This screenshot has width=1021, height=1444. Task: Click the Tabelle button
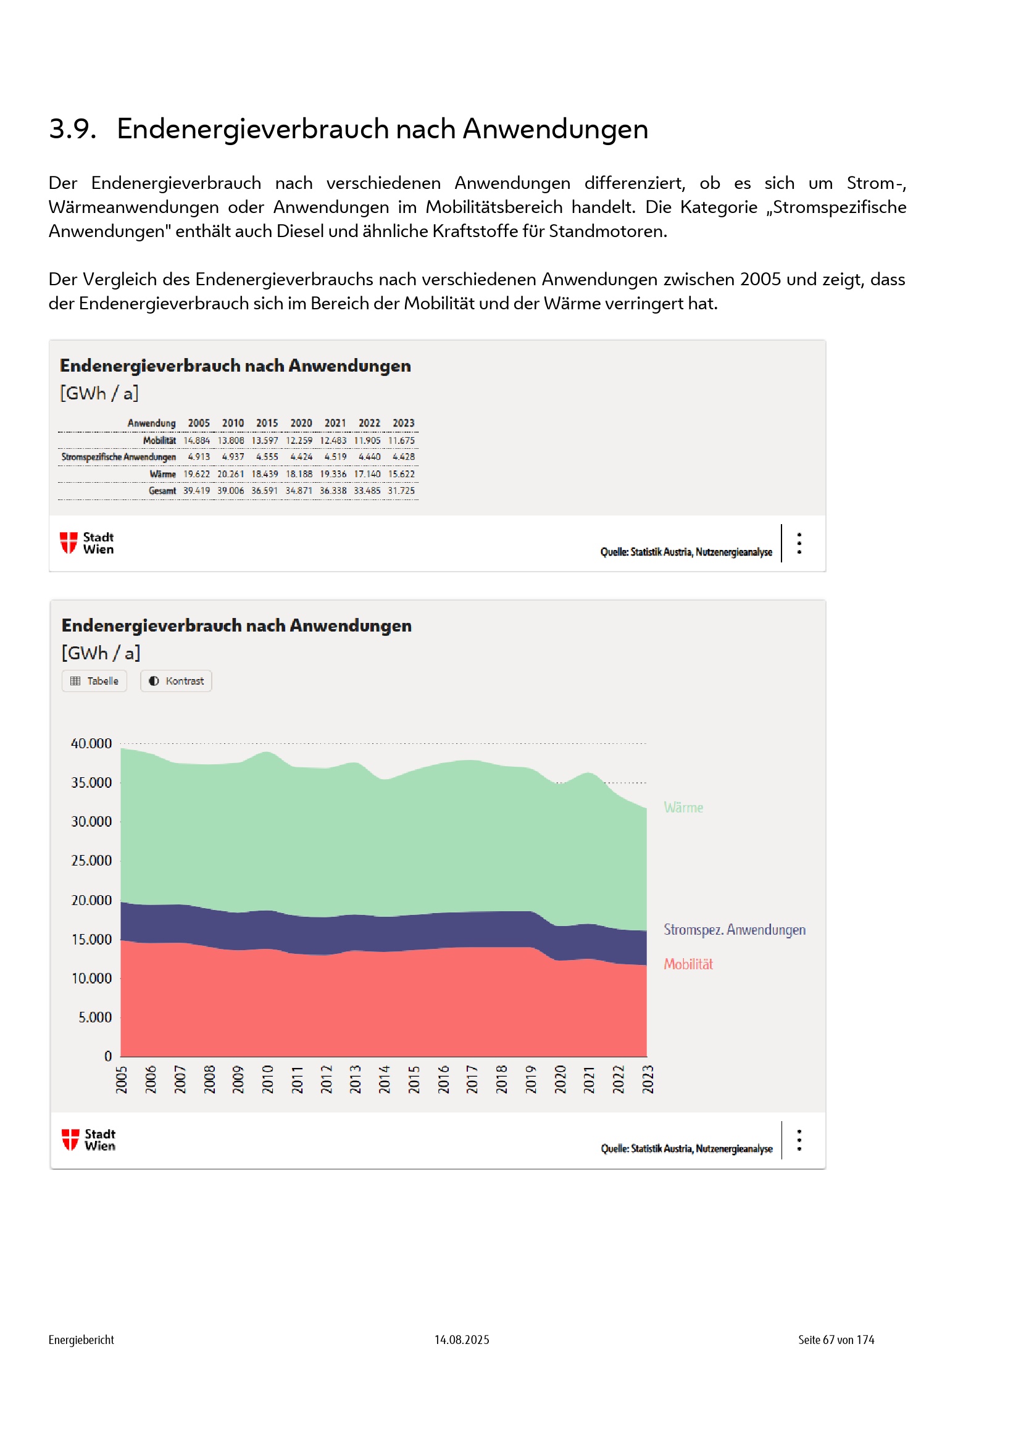coord(94,681)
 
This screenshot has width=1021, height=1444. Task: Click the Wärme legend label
coord(683,808)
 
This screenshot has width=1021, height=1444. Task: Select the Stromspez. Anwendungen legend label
coord(735,930)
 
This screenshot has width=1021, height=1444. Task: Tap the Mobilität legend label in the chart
coord(688,964)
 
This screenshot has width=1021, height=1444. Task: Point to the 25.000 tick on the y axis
coord(91,861)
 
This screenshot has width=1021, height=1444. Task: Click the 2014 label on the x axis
coord(384,1079)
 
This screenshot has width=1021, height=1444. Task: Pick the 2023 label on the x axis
coord(648,1079)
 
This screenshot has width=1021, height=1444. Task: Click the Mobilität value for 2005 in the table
coord(197,441)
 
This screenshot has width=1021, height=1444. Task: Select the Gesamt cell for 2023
coord(401,491)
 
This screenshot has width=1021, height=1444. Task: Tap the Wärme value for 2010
coord(231,474)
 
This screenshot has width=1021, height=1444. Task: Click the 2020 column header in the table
coord(301,424)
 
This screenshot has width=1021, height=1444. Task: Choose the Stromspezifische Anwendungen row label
coord(118,457)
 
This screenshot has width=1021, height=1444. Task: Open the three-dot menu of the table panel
coord(799,543)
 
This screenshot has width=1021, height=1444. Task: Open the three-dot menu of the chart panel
coord(799,1140)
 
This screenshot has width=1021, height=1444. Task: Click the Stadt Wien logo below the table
coord(87,543)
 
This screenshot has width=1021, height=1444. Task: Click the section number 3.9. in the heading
coord(72,129)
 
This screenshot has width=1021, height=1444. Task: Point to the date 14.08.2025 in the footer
coord(462,1340)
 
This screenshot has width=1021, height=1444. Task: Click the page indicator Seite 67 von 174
coord(836,1340)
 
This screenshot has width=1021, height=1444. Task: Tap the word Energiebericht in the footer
coord(81,1340)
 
